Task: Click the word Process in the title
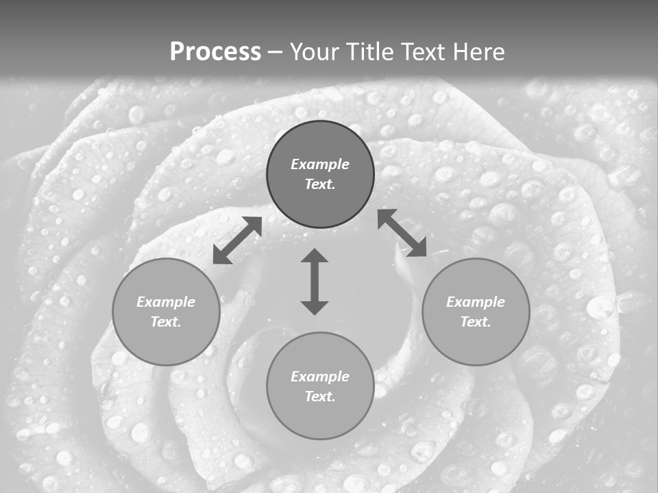tap(215, 52)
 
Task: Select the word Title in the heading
tap(371, 52)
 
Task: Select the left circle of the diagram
tap(166, 312)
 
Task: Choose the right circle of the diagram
tap(476, 312)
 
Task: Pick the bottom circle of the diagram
tap(320, 386)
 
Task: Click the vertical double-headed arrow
tap(315, 281)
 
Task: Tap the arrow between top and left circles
tap(237, 240)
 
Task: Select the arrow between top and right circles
tap(402, 233)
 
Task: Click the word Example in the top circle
tap(320, 164)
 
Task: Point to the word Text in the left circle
tap(166, 322)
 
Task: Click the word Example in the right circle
tap(476, 302)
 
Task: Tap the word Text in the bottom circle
tap(320, 396)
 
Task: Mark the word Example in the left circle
tap(166, 302)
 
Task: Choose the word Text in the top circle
tap(320, 184)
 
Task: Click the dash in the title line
tap(275, 52)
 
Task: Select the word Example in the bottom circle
tap(320, 377)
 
